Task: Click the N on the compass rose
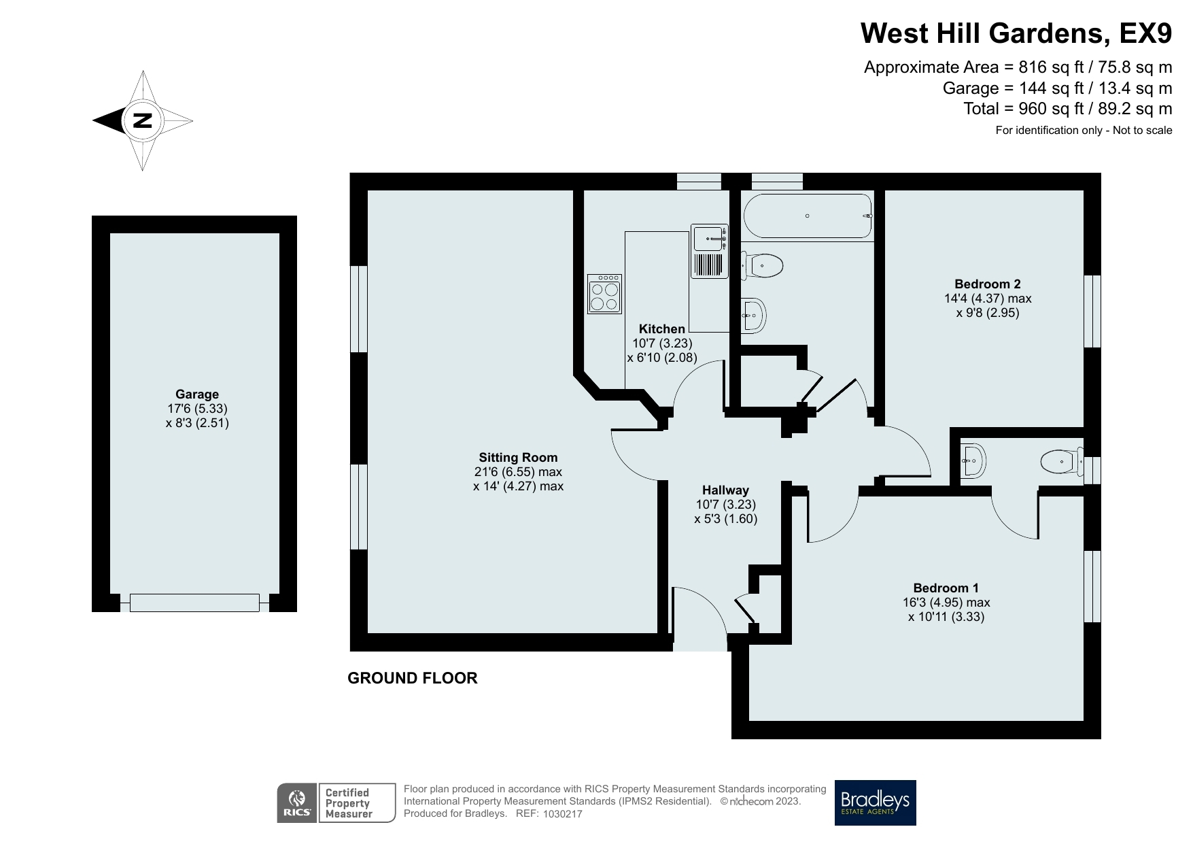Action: point(142,121)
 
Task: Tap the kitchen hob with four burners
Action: point(604,293)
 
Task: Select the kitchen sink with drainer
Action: point(709,252)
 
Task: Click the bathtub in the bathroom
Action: point(808,216)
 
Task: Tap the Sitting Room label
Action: point(518,457)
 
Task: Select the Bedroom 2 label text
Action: point(987,284)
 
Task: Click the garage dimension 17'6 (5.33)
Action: point(197,409)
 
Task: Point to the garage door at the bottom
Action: point(194,603)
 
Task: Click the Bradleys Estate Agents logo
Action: point(875,803)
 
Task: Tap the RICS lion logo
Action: point(297,803)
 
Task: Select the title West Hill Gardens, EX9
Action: point(1016,33)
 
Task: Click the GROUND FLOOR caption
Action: point(412,678)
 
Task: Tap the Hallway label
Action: point(725,490)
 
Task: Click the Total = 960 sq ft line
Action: point(1067,109)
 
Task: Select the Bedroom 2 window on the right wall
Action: point(1092,311)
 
